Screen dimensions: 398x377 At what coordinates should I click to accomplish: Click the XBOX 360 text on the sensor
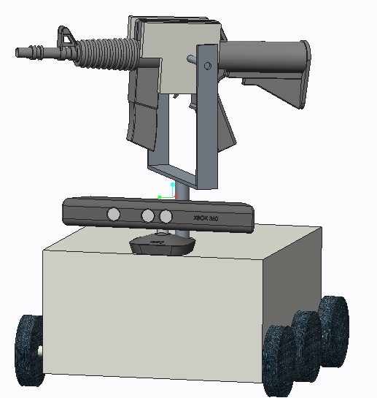[x=206, y=218]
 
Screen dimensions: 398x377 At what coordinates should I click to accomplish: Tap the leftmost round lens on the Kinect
[x=114, y=214]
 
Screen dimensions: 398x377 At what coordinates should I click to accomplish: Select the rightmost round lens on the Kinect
[x=166, y=216]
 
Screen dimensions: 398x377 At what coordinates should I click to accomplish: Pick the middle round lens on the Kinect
[x=148, y=215]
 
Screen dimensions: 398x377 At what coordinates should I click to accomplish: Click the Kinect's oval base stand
[x=161, y=245]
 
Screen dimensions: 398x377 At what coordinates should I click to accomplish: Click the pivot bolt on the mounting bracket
[x=208, y=66]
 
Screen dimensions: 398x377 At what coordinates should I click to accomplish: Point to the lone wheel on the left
[x=30, y=351]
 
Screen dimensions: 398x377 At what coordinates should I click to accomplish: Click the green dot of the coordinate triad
[x=159, y=197]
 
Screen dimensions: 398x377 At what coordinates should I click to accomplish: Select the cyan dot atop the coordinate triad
[x=173, y=185]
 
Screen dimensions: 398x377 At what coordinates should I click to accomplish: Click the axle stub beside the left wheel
[x=41, y=351]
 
